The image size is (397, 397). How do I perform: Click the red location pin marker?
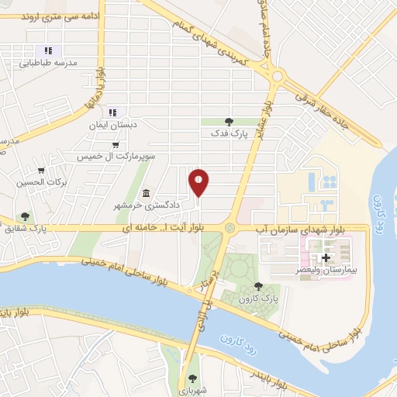point(199,182)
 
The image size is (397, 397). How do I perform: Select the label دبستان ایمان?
point(122,124)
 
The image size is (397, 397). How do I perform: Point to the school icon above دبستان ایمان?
point(112,112)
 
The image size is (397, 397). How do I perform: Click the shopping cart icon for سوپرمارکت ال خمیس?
point(116,144)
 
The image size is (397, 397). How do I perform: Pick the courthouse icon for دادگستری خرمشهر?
point(146,193)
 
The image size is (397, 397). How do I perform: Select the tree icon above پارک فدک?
point(228,121)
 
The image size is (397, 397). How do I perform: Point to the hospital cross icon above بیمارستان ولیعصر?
point(326,257)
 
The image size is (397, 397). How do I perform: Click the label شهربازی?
point(192,392)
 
